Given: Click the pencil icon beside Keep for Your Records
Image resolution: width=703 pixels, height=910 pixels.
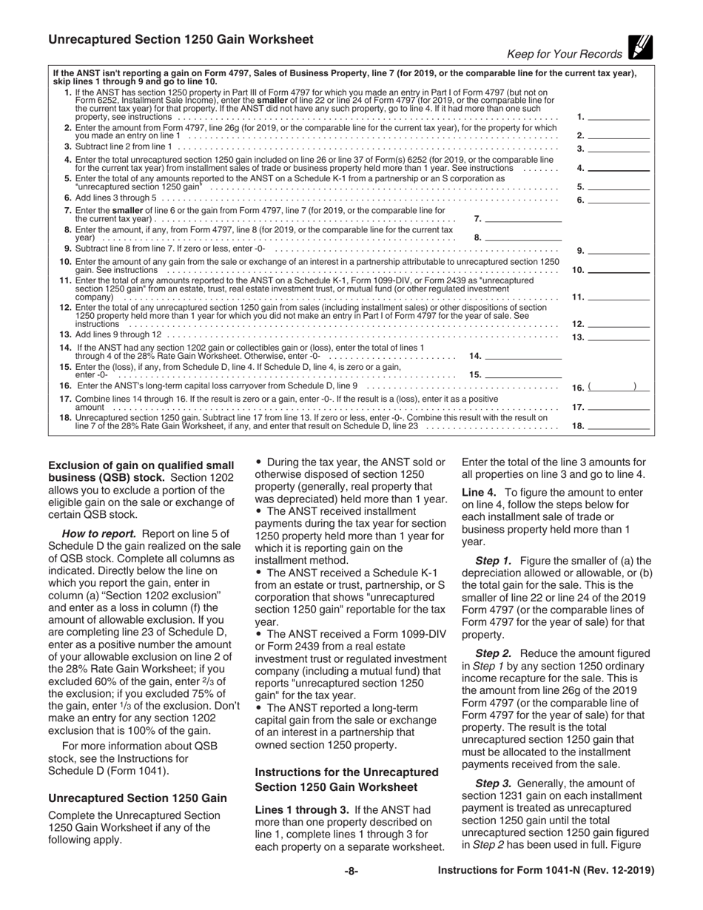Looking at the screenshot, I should (x=638, y=48).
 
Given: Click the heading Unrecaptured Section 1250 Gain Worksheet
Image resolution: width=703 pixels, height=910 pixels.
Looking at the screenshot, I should (x=181, y=39).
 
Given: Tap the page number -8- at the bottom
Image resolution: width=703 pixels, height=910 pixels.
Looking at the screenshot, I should (x=351, y=871).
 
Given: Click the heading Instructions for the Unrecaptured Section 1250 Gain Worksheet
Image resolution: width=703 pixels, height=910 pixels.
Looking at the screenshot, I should (x=346, y=779).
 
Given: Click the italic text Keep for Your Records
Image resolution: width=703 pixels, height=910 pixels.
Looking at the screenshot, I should (x=565, y=54).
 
